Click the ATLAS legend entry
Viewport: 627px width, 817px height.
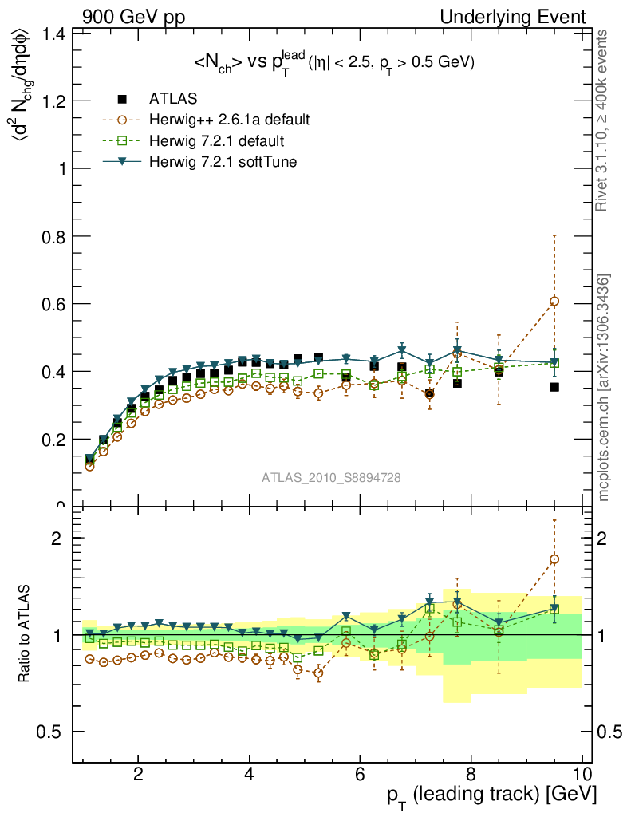coord(173,99)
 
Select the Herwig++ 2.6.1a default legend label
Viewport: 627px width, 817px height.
coord(229,120)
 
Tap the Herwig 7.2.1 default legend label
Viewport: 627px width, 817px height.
coord(217,141)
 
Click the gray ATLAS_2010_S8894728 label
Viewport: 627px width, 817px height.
coord(331,478)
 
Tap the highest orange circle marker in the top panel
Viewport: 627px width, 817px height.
coord(554,301)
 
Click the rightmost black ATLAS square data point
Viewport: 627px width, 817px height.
coord(554,387)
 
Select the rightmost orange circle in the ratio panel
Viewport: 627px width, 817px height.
coord(554,558)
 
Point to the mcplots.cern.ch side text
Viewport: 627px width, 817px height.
coord(605,388)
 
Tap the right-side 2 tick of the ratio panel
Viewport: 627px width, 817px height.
coord(607,537)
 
